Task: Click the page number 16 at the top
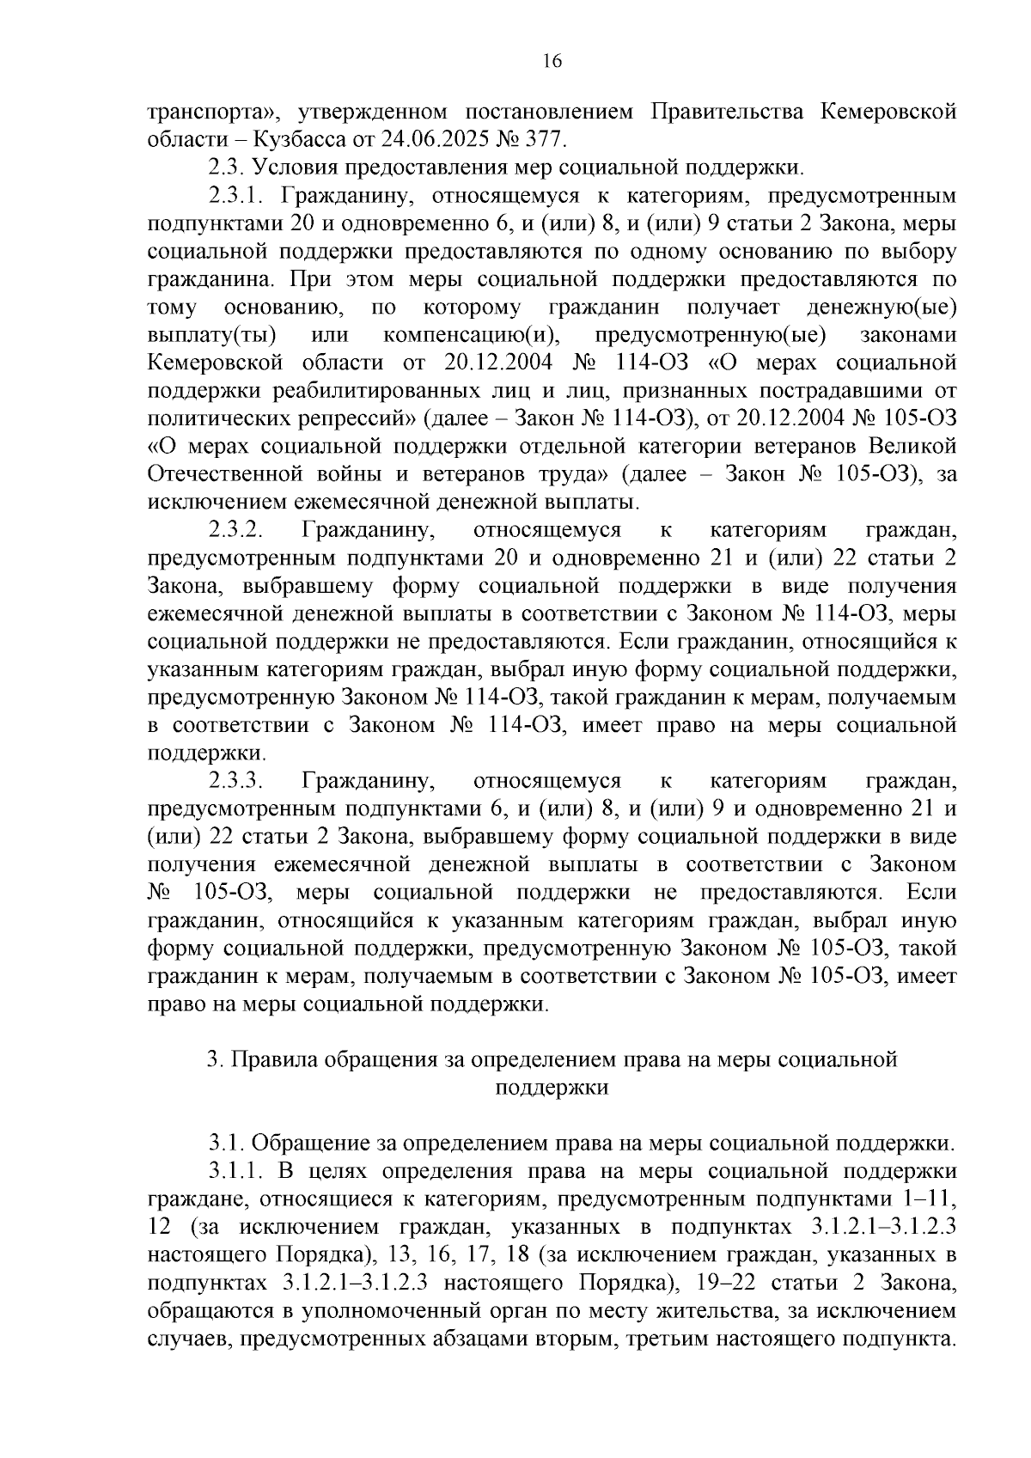pyautogui.click(x=552, y=61)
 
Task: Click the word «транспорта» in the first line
pyautogui.click(x=210, y=113)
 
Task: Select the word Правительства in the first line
pyautogui.click(x=727, y=112)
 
